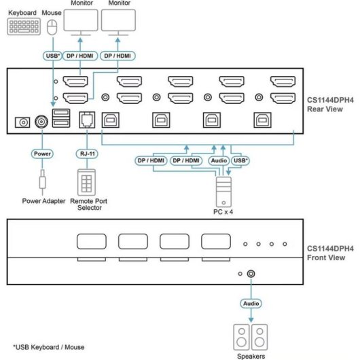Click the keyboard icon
24,26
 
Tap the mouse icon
52,27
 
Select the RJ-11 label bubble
87,154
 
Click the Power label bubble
42,154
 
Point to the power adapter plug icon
42,179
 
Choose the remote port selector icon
86,182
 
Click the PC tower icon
223,192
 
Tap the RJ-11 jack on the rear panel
87,120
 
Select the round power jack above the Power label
41,122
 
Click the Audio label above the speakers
251,304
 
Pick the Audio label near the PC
219,160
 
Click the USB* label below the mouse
52,56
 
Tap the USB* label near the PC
240,160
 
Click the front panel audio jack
251,274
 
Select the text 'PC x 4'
223,212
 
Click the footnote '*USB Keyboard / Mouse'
49,347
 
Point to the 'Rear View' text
325,109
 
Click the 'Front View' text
326,257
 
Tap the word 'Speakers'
251,356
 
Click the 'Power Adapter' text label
43,201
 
